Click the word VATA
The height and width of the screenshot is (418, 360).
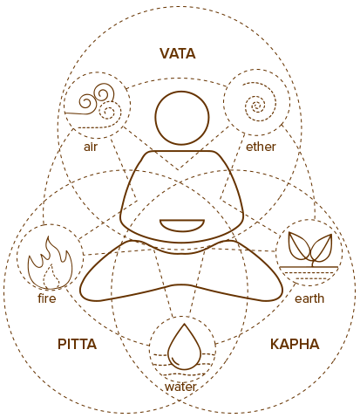click(x=178, y=54)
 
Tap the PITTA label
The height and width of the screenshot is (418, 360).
click(x=77, y=344)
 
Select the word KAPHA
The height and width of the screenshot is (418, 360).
click(x=295, y=344)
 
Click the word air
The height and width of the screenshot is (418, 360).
click(x=91, y=147)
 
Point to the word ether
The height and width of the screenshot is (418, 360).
click(x=261, y=147)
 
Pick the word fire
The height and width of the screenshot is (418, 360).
click(x=47, y=298)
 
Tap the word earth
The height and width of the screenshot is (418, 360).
click(x=309, y=298)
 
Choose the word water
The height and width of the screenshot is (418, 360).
click(x=180, y=387)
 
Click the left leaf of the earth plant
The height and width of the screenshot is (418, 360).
click(x=299, y=246)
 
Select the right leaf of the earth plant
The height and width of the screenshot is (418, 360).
click(x=322, y=248)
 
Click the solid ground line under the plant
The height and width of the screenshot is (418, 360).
click(x=309, y=267)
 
